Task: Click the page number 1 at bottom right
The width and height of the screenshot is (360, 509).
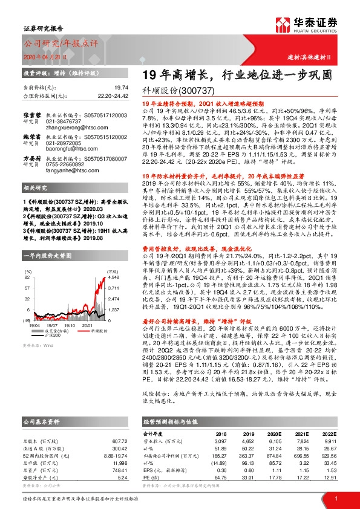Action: tap(335, 498)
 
